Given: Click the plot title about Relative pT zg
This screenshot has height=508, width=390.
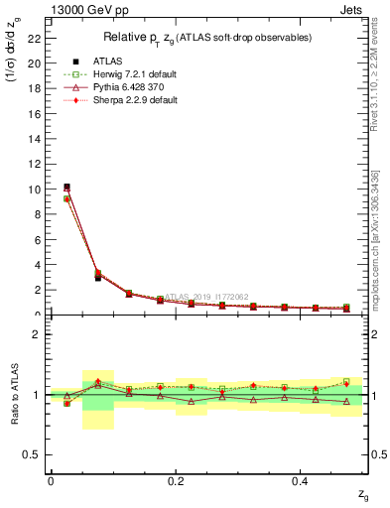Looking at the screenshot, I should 206,38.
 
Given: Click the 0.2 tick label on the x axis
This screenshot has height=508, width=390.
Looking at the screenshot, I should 176,481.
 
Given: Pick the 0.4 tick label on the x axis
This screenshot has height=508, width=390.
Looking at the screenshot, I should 301,481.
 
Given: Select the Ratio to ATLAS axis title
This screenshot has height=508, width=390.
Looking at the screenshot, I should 14,394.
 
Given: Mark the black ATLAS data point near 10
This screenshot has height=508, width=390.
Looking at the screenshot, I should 66,187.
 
